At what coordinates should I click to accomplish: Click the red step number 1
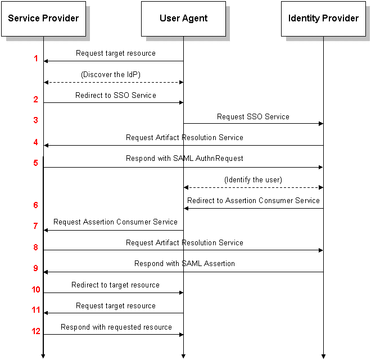[36, 58]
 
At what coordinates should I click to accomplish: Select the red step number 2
[36, 100]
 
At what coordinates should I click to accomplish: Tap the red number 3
[36, 120]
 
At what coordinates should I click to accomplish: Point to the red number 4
[36, 142]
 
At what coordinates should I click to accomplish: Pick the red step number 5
[36, 163]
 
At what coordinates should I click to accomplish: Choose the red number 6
[36, 205]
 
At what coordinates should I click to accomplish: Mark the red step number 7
[36, 226]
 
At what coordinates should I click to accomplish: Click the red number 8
[36, 247]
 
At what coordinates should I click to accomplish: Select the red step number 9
[36, 268]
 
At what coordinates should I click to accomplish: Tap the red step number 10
[36, 290]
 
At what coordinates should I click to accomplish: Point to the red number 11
[36, 310]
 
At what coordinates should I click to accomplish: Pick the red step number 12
[36, 331]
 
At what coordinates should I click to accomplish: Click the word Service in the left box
[23, 18]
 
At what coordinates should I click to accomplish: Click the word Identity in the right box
[304, 18]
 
